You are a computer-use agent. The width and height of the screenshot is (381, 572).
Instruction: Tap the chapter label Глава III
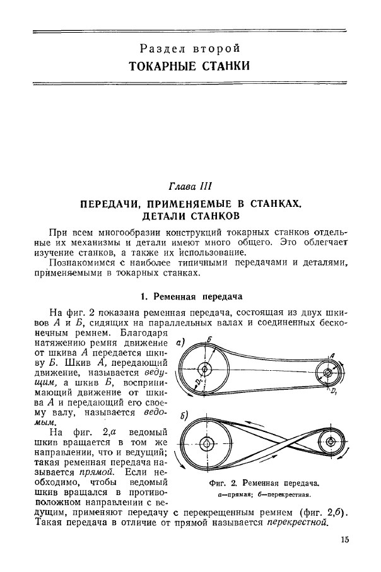[x=190, y=187]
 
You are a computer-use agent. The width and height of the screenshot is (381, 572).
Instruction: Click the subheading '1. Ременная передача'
[x=190, y=296]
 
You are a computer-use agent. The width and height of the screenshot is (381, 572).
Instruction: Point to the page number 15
[x=344, y=539]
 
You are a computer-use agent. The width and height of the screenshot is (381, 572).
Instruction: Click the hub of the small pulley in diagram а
[x=327, y=372]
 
